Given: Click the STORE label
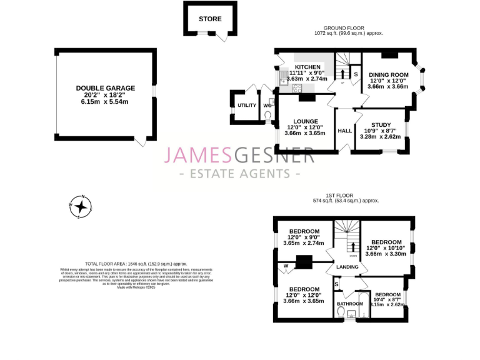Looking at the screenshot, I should point(210,19).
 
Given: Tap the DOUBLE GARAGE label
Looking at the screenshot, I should point(105,88).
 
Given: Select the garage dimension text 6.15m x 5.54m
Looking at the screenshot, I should point(105,102).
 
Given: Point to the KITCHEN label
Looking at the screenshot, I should point(307,67).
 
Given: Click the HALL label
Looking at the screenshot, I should point(344,131).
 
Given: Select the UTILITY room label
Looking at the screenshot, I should point(246,105).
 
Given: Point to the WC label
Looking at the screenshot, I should point(267,105).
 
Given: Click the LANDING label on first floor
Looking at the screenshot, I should point(347,267).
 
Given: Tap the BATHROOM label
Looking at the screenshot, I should point(349,304).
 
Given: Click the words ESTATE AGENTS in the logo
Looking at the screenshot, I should point(239,173).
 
